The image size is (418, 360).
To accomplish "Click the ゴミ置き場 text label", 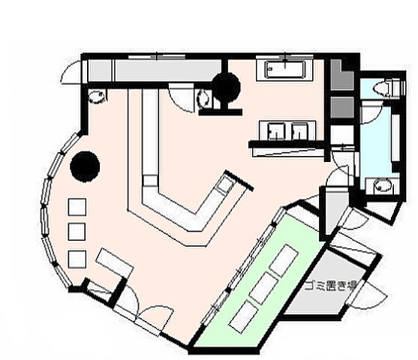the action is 330,286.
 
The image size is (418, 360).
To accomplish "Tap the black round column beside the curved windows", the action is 85,166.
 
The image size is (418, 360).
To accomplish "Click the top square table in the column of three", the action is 77,207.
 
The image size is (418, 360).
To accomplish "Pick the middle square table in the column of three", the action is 77,232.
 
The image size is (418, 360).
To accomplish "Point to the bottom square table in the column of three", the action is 77,259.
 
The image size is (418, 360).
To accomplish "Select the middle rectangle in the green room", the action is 264,288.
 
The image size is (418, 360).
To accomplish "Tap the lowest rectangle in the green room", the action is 243,316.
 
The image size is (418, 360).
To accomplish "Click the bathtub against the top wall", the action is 284,70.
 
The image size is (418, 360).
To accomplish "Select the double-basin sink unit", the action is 287,130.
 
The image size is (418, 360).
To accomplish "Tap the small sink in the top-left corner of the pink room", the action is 97,97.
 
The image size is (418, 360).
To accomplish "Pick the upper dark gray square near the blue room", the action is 342,75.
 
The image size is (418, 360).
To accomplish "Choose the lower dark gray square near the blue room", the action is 342,107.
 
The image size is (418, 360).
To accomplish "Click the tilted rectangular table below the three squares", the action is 115,262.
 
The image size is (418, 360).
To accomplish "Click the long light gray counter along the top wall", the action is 168,70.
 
